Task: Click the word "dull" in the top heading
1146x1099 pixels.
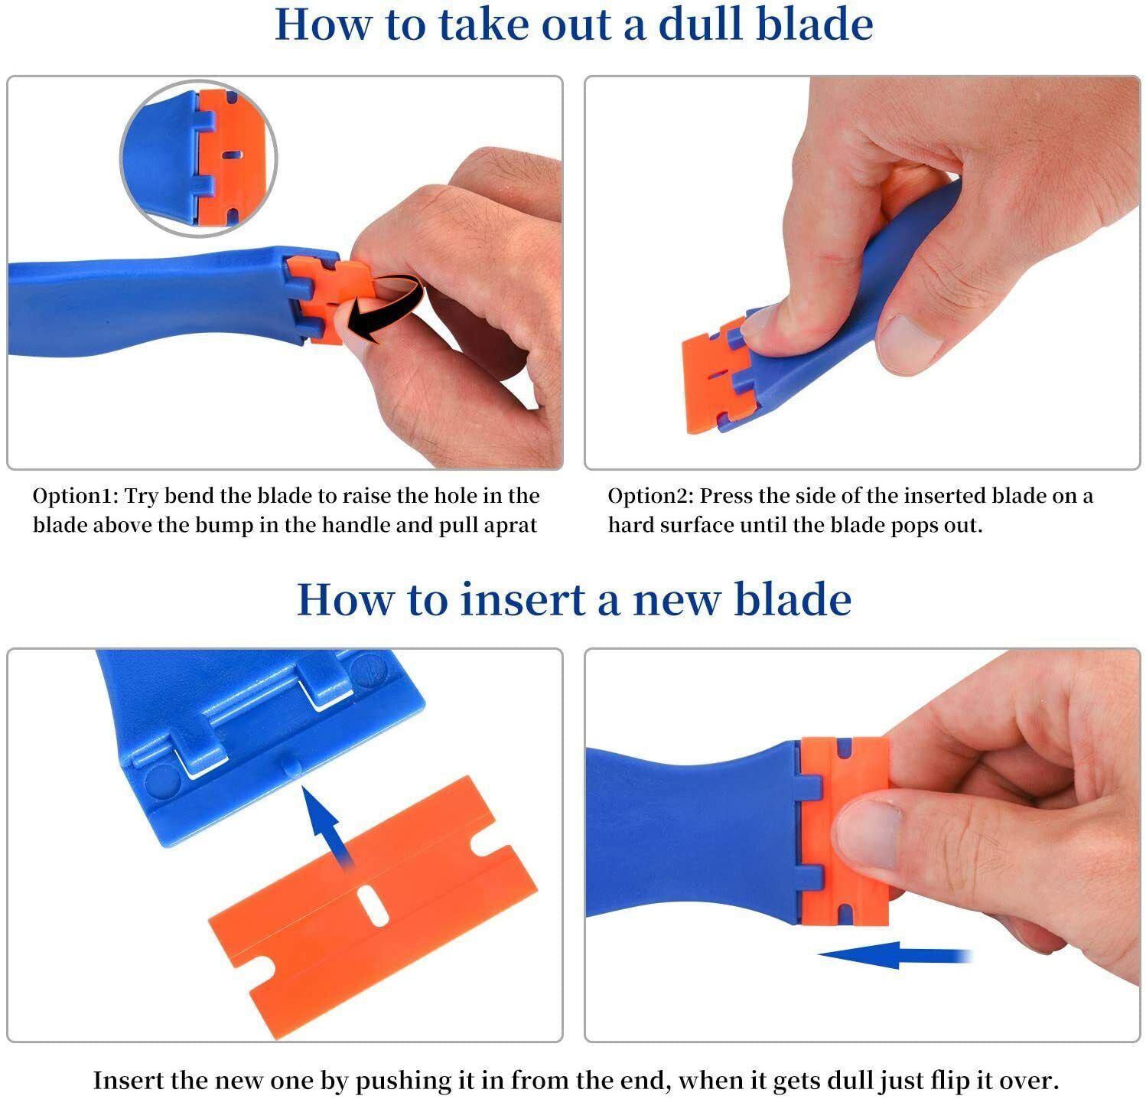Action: point(701,24)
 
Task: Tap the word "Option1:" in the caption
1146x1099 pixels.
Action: point(75,496)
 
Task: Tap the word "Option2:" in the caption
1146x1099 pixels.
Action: point(650,496)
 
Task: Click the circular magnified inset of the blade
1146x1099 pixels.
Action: point(199,158)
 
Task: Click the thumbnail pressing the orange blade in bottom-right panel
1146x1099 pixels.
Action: point(868,834)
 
